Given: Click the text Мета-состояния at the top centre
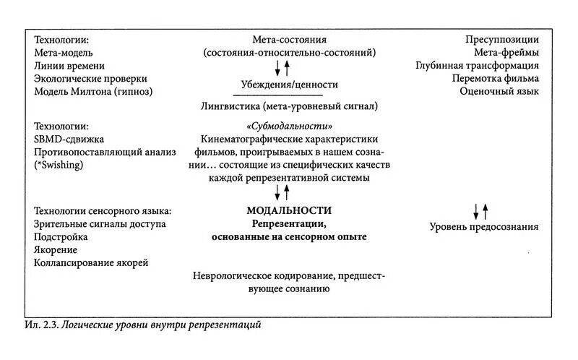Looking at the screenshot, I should [290, 39].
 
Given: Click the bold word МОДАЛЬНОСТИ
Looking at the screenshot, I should [289, 210].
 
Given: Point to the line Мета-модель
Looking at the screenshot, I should [64, 53].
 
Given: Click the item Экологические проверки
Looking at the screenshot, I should [90, 79].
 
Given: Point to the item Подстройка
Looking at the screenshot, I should [61, 236].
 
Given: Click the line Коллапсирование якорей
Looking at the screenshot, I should [91, 262].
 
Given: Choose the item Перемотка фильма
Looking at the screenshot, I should [496, 78].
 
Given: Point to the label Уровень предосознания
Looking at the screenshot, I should [484, 227].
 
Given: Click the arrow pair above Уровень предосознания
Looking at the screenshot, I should [480, 211].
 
